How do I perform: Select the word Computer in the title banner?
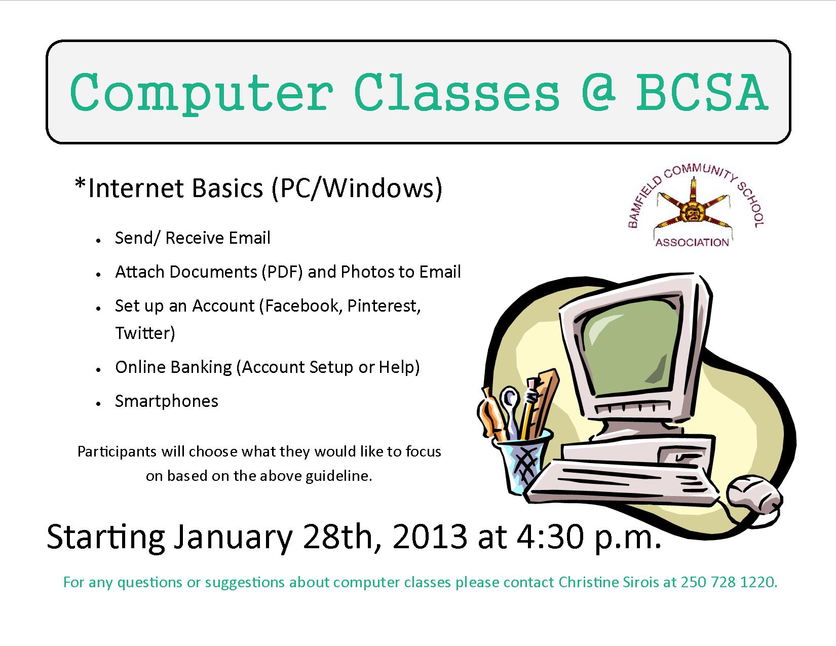[x=201, y=93]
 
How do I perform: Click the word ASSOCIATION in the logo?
[x=692, y=242]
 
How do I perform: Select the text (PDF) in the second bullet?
[x=282, y=272]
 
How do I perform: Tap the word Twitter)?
[x=144, y=333]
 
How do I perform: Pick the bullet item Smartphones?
[x=166, y=401]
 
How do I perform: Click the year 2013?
[x=429, y=537]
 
